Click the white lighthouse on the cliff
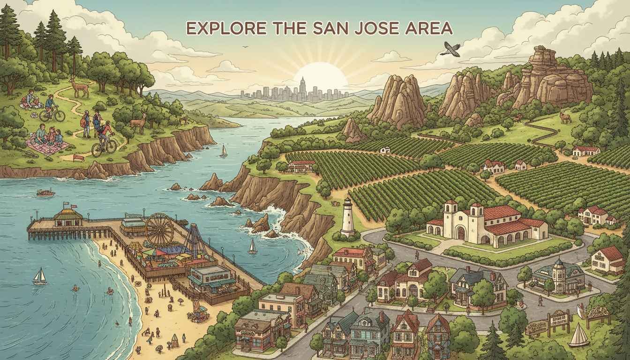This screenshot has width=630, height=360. click(x=348, y=217)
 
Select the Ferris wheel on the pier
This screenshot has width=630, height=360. click(x=159, y=230)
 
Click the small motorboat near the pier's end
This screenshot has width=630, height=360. click(x=45, y=193)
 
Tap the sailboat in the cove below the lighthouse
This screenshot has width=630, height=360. click(x=253, y=247)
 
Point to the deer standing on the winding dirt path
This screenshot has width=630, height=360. click(x=79, y=88)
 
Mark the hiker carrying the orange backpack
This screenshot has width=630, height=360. click(x=86, y=123)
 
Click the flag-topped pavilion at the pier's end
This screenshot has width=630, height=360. click(x=68, y=217)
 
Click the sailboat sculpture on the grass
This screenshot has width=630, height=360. click(x=579, y=335)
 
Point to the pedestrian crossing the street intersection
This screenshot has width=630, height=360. click(x=540, y=300)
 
